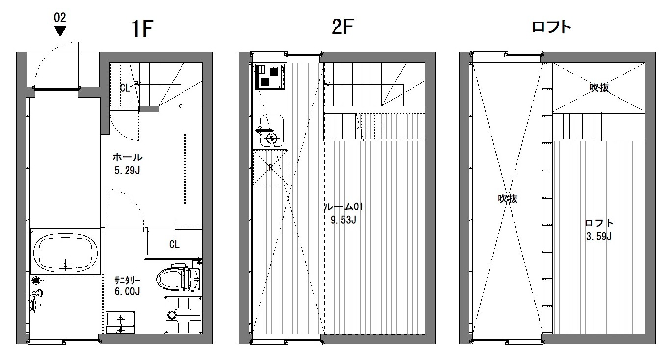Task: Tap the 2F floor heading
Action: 343,26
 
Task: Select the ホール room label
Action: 128,157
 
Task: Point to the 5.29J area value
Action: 128,170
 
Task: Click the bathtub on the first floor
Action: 65,253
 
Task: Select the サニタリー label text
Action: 127,281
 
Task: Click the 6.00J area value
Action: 128,291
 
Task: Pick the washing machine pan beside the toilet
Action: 183,315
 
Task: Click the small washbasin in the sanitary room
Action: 121,322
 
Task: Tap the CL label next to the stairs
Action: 125,88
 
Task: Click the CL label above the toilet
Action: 174,244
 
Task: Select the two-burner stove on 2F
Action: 270,77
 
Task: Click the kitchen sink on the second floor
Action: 271,131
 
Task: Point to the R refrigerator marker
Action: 270,168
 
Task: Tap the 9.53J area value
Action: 343,220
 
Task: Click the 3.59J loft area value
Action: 598,236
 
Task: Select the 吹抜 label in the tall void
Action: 508,198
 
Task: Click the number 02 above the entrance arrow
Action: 60,18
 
